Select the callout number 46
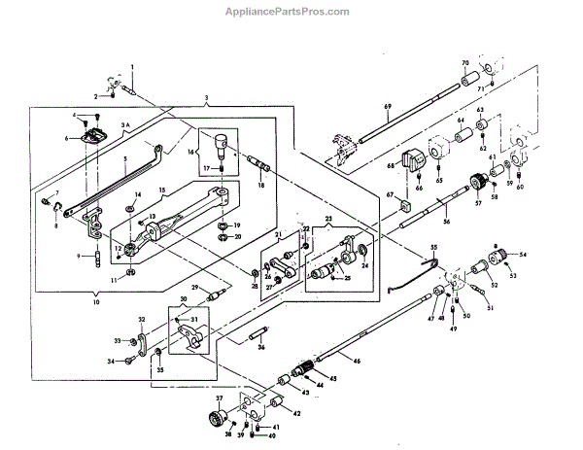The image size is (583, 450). point(356,360)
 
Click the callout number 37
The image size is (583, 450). point(220,398)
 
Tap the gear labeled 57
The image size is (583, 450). point(477,182)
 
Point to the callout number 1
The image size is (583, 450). point(133,64)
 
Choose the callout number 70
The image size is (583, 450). point(463,61)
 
